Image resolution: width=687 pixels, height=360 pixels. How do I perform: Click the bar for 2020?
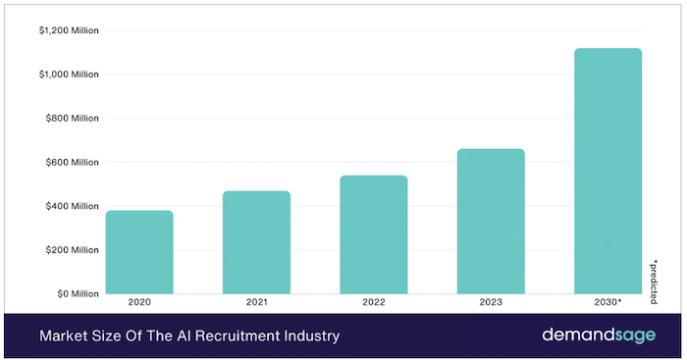139,252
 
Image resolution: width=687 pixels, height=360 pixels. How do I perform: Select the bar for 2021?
256,242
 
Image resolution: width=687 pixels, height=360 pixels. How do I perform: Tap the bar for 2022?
374,234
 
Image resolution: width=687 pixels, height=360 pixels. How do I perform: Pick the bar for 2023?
491,222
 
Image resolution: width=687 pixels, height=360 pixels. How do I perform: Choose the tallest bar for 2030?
608,171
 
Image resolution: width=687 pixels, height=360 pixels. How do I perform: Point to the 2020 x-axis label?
139,302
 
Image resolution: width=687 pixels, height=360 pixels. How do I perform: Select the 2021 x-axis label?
256,302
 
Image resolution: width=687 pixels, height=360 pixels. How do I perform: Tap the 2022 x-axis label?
374,302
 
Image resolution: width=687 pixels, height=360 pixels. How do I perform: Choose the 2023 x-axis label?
491,302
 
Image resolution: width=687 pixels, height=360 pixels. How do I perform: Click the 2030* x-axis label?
608,302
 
